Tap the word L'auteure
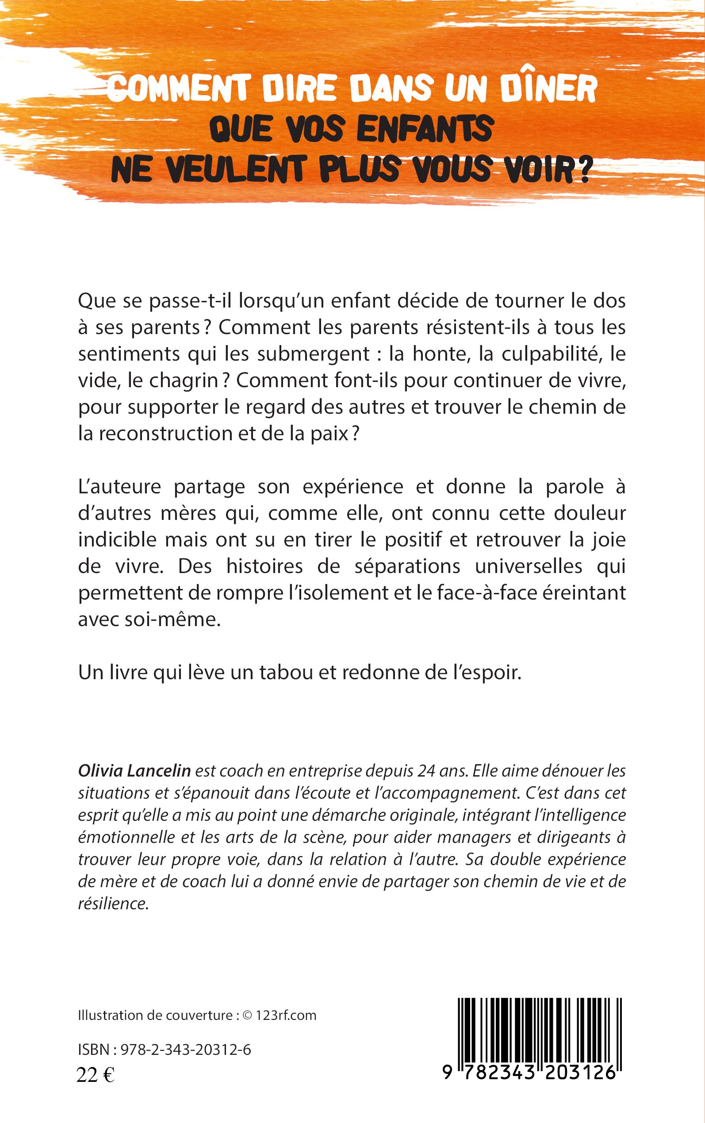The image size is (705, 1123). point(119,487)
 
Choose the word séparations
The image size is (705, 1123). point(407,567)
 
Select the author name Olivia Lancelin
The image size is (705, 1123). point(134,771)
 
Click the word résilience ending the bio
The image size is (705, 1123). point(113,904)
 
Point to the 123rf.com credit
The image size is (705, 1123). point(286,1016)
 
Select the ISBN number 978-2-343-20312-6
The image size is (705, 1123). point(186,1050)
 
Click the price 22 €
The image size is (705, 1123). point(96,1075)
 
